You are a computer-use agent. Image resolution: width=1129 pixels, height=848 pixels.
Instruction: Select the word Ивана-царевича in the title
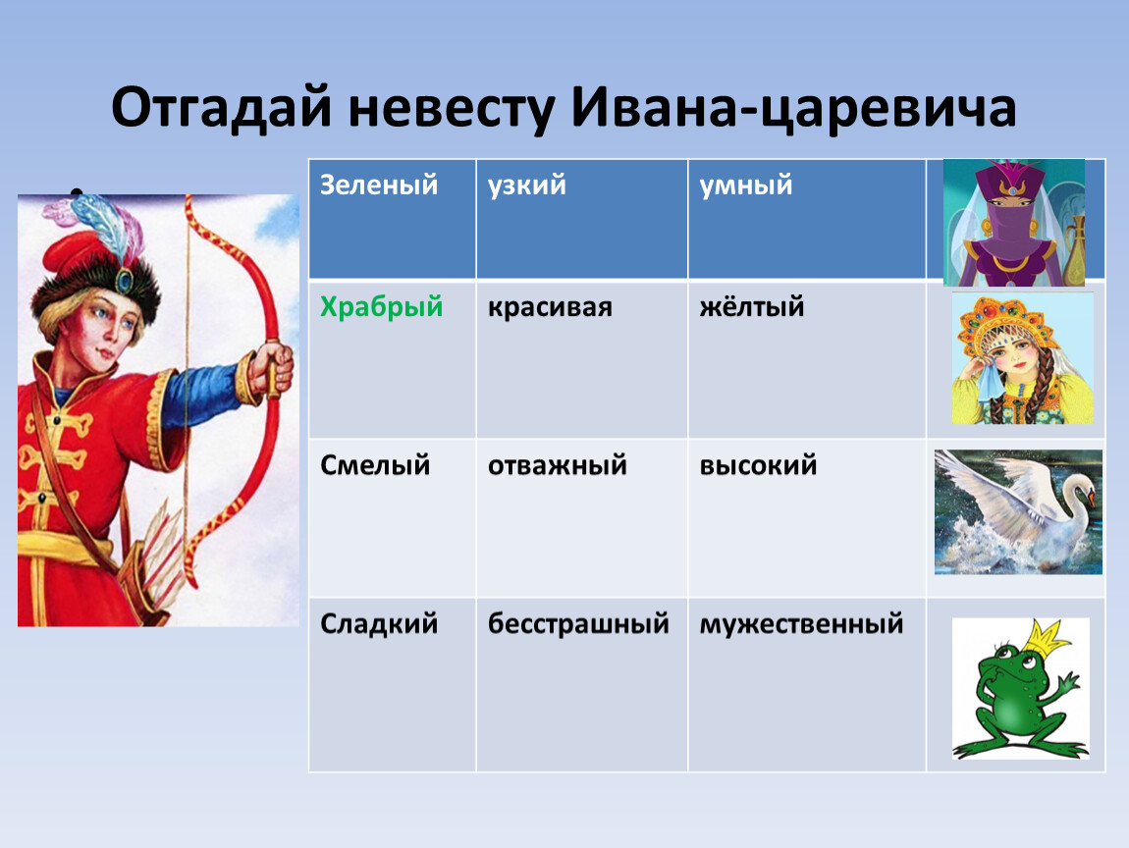coord(794,108)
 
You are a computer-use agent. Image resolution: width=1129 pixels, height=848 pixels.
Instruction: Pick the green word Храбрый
coord(381,307)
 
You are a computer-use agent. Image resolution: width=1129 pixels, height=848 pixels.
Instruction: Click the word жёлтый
coord(751,307)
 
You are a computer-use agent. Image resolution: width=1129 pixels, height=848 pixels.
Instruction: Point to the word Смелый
coord(374,466)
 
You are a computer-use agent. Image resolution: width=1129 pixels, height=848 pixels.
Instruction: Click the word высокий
coord(758,466)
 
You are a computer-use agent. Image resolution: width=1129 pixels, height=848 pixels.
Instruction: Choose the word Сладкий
coord(379,624)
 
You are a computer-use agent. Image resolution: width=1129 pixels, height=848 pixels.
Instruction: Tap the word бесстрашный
coord(578,624)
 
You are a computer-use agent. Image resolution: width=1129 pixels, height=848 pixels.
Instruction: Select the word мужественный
coord(801,624)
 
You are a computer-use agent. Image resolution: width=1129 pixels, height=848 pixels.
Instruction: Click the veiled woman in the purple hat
coord(1013,223)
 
